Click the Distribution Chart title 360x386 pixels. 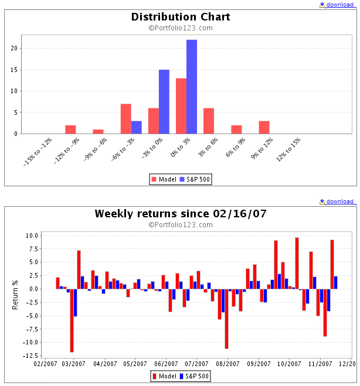tap(180, 17)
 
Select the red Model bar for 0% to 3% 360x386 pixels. tap(181, 105)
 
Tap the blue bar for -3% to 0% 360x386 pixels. tap(164, 101)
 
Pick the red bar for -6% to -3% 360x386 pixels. tap(125, 118)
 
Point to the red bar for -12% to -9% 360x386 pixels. tap(70, 129)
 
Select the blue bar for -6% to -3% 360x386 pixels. tap(136, 127)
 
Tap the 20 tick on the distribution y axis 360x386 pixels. tap(15, 49)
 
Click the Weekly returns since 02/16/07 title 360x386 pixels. tap(180, 214)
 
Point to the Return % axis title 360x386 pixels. tap(15, 295)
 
